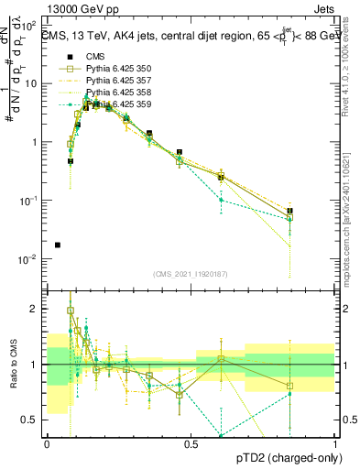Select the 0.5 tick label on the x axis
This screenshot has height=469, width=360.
click(x=191, y=444)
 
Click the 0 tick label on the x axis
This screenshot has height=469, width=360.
click(x=47, y=444)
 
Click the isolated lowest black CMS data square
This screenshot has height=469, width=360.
click(x=59, y=245)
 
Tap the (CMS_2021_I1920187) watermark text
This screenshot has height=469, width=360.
click(x=190, y=275)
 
